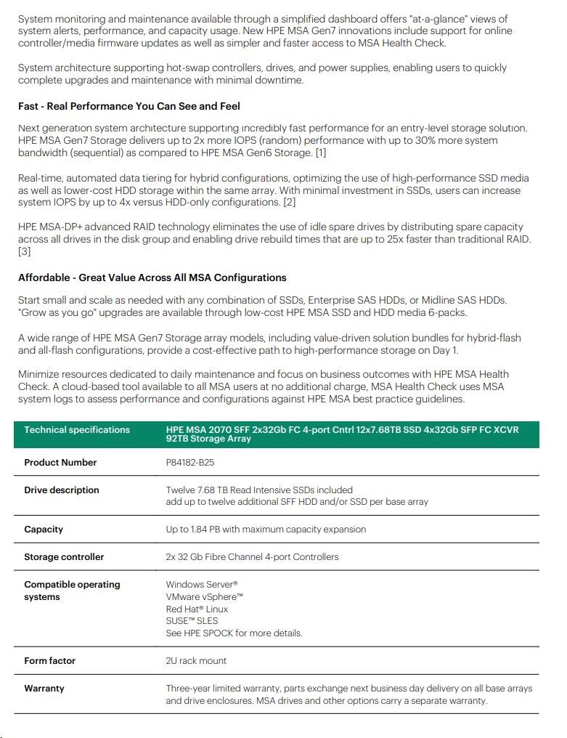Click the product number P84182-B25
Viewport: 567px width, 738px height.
190,463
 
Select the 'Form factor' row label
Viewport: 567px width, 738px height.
49,661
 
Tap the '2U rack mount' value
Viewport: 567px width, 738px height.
196,661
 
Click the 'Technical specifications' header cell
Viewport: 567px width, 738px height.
77,430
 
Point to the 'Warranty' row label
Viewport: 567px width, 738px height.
44,689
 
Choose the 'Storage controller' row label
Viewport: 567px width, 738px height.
64,557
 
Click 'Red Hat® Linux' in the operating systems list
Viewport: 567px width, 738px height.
197,609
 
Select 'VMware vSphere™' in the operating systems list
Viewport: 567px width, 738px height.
205,597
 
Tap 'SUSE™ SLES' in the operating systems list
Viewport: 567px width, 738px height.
192,621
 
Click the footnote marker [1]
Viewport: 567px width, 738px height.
319,152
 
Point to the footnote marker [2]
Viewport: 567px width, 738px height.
290,202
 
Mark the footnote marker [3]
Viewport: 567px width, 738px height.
25,251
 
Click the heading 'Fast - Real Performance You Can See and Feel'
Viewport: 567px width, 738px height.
129,107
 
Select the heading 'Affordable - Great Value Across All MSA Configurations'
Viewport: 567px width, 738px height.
152,277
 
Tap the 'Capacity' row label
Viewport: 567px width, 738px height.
44,530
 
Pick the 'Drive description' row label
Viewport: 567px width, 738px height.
62,490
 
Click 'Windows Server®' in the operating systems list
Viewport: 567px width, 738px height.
202,585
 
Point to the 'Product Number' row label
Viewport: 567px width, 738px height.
60,463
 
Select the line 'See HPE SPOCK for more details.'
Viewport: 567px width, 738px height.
234,633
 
